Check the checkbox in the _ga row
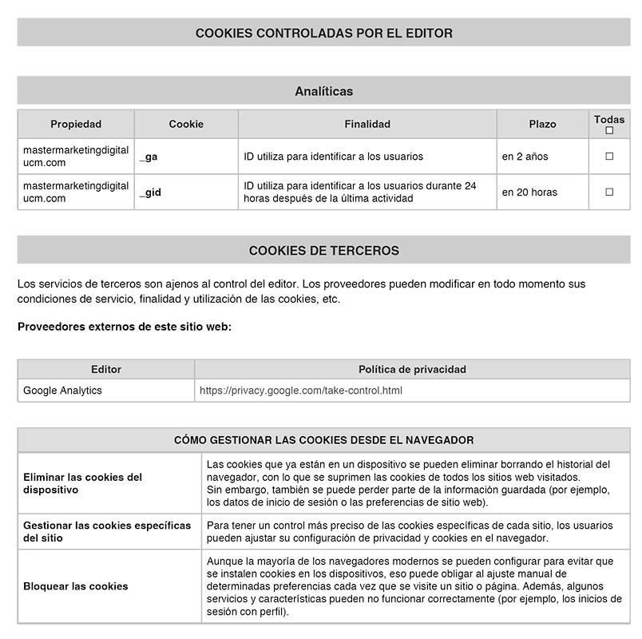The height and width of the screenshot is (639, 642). coord(609,157)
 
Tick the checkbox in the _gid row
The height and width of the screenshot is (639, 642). coord(609,192)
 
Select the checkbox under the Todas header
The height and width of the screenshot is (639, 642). coord(609,130)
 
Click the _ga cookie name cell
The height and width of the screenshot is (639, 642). coord(149,157)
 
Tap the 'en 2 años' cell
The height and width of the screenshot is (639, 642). coord(525,157)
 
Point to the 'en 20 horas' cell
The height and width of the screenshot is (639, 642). coord(529,192)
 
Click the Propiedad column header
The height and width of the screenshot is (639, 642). coord(76,124)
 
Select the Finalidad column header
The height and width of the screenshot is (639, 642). coord(367,124)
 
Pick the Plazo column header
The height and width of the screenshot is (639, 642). coord(542,124)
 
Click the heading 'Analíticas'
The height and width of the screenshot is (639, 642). coord(323,91)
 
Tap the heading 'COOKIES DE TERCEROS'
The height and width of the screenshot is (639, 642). coord(323,250)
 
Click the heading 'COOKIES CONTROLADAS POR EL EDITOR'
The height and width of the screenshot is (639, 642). coord(323,33)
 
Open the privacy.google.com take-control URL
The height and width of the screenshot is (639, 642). coord(300,391)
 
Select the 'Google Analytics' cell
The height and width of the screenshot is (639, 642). coord(62,391)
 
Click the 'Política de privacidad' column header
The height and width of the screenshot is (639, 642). coord(412,369)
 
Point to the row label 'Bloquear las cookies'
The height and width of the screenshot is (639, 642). coord(76,585)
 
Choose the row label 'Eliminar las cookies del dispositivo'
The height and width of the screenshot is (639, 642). coord(82,483)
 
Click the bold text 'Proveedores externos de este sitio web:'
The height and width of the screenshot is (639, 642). coord(125,326)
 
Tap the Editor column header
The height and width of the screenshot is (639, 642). coord(106,369)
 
